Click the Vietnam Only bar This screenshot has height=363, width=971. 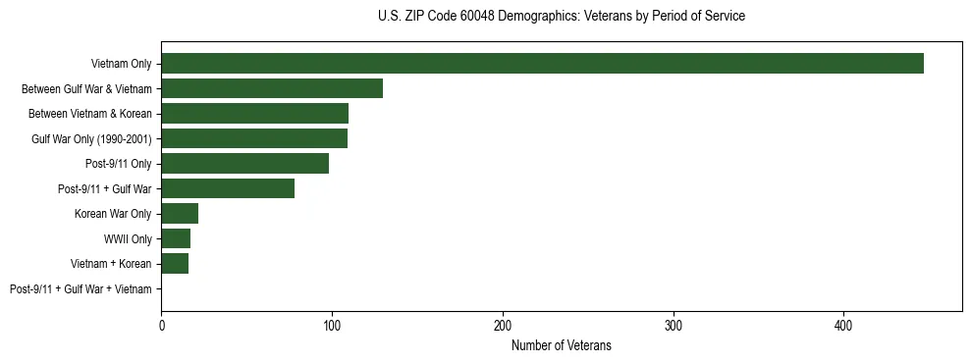click(542, 64)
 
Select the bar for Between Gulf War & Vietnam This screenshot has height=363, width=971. click(272, 88)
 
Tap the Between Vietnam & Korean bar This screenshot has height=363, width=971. click(254, 114)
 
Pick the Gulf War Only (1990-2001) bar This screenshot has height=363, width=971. click(254, 138)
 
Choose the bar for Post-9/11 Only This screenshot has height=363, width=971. click(244, 164)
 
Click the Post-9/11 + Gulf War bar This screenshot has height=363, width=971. click(228, 188)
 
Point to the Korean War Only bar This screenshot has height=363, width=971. click(180, 214)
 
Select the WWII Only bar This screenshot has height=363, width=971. click(176, 238)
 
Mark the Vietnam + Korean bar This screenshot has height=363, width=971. click(175, 264)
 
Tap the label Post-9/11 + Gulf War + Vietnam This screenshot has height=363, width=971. click(81, 289)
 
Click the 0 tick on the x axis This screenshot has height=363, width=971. click(161, 325)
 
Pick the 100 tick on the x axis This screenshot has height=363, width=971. click(332, 325)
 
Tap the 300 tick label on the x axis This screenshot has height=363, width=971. click(674, 325)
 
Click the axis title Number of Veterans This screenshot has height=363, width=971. click(562, 345)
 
